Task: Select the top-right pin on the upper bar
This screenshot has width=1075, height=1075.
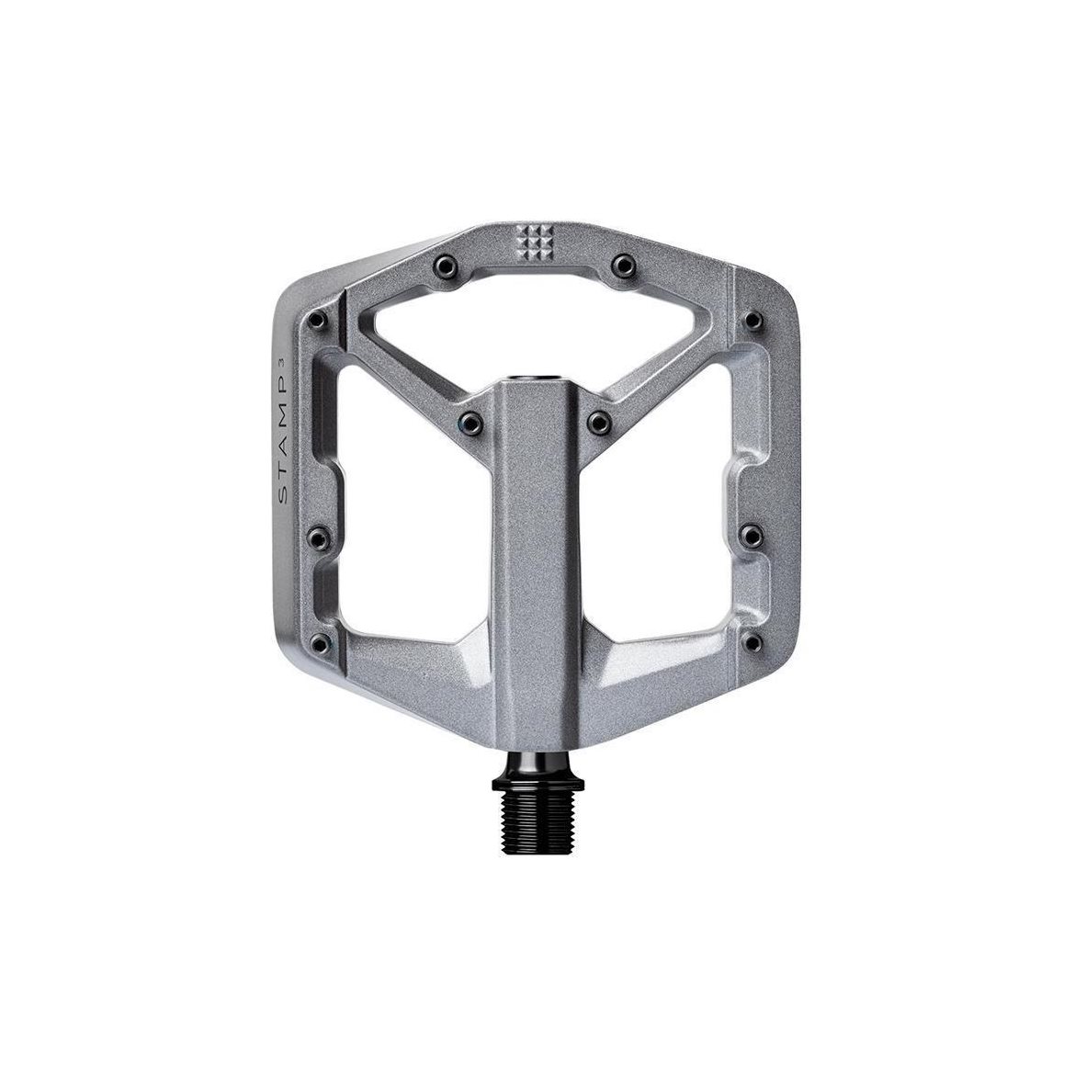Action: pyautogui.click(x=623, y=264)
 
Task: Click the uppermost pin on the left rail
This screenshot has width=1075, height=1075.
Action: pyautogui.click(x=318, y=320)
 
